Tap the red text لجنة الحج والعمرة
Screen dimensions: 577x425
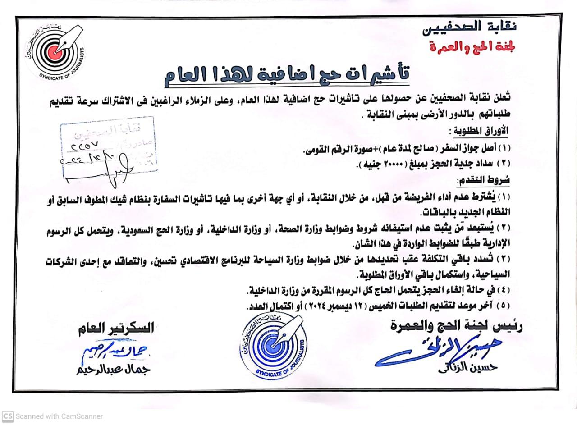[x=473, y=46]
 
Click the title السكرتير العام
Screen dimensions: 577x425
[x=115, y=328]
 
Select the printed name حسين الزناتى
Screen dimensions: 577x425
[x=467, y=367]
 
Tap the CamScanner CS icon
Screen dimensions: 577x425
[x=8, y=416]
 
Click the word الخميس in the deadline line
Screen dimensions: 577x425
[x=392, y=306]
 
